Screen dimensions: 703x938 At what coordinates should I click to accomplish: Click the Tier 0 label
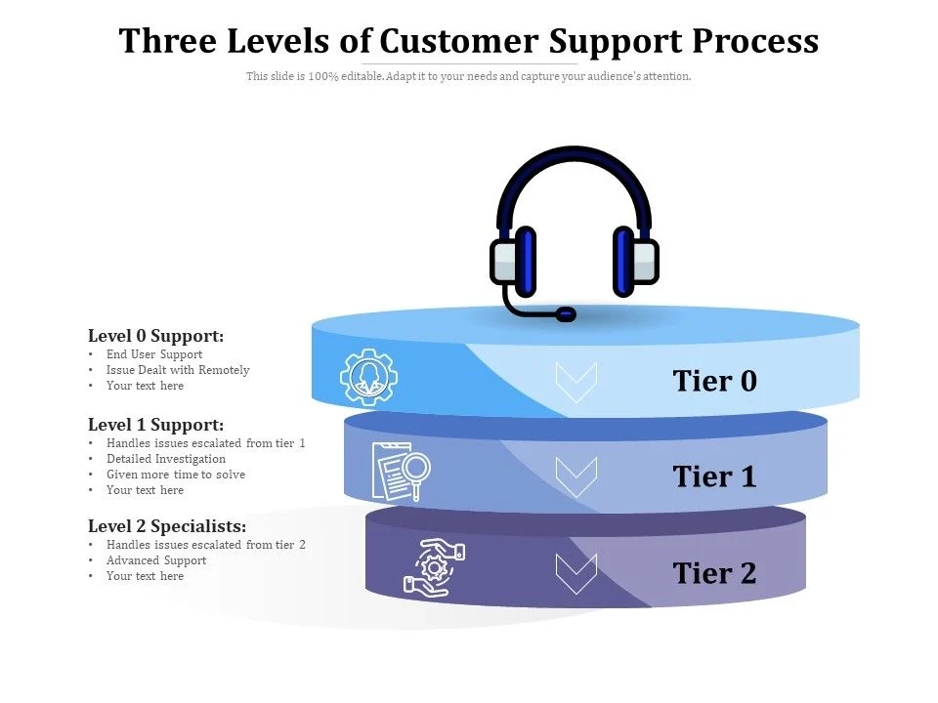click(x=714, y=381)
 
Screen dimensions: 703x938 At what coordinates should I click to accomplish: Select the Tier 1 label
click(x=714, y=476)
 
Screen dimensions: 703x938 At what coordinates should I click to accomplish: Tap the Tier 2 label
click(x=714, y=572)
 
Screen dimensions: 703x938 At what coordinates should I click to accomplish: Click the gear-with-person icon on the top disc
click(x=369, y=376)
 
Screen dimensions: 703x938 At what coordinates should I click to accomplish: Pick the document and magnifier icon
click(x=401, y=471)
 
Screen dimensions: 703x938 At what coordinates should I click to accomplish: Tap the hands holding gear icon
click(x=434, y=566)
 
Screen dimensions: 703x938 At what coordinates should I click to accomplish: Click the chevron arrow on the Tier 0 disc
click(x=576, y=381)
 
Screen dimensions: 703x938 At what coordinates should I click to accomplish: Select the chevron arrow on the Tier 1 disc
click(x=576, y=476)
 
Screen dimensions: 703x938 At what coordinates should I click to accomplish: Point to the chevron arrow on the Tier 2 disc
click(x=576, y=572)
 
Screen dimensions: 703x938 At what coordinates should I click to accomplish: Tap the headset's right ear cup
click(x=634, y=261)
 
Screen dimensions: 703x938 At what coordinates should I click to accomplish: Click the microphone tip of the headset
click(x=566, y=314)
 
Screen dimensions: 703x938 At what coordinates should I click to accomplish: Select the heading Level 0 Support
click(x=156, y=336)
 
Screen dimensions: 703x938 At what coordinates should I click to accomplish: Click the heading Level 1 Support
click(x=156, y=425)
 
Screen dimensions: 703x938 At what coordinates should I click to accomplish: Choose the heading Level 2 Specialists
click(x=167, y=526)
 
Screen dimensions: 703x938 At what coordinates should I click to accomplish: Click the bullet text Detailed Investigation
click(x=166, y=459)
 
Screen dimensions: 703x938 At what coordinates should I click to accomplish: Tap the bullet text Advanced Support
click(x=156, y=560)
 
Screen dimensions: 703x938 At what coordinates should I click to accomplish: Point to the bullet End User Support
click(x=154, y=354)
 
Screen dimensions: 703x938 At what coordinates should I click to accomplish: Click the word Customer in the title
click(x=458, y=41)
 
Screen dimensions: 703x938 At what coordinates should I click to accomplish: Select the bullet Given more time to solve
click(x=176, y=475)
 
